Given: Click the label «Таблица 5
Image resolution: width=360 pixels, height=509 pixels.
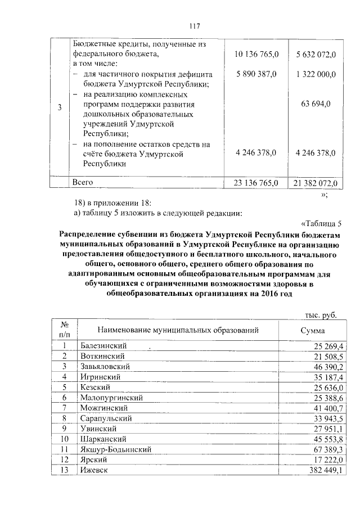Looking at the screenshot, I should coord(321,223).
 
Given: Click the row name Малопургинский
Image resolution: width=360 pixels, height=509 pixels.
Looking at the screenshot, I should coord(111,398).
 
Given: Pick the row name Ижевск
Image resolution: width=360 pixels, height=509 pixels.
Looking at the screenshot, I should coord(94,470).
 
